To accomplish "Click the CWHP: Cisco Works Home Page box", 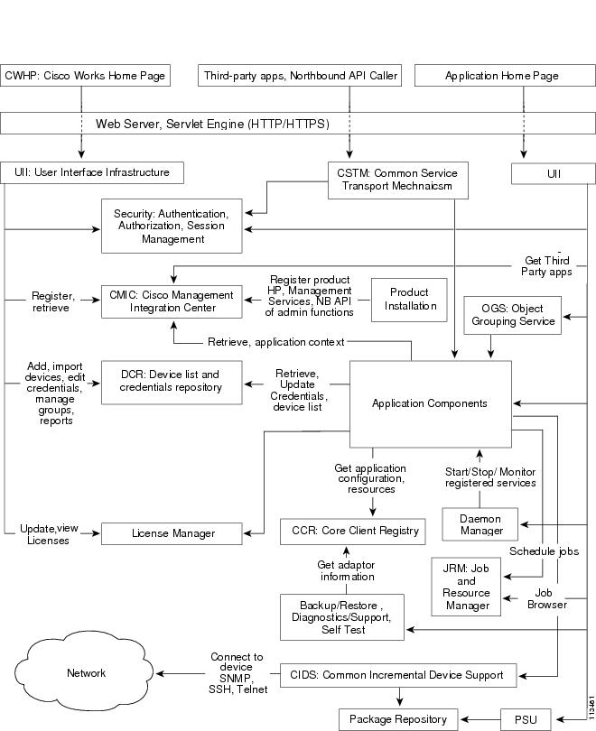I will click(x=85, y=76).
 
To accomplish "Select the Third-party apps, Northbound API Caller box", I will click(x=300, y=76).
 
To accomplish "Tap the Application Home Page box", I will click(x=500, y=76).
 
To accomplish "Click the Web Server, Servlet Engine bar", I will click(x=298, y=124).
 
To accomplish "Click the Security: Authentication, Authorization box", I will click(x=172, y=227).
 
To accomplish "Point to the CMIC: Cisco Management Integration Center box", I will click(x=172, y=301).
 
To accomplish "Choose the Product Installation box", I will click(x=410, y=300).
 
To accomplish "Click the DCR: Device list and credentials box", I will click(x=172, y=381).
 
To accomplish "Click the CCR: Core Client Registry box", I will click(x=352, y=532).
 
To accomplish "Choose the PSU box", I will click(x=525, y=718).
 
